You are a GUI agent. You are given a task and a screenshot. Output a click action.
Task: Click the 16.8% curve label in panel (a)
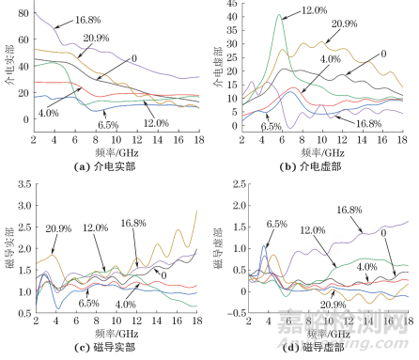(x=87, y=20)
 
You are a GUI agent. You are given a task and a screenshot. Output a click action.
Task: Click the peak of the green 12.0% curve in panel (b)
(x=280, y=15)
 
